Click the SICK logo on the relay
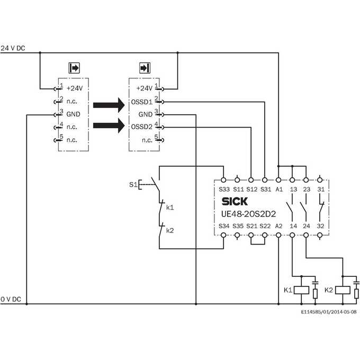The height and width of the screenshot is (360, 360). pyautogui.click(x=235, y=201)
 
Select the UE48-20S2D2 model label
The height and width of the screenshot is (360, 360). pyautogui.click(x=248, y=214)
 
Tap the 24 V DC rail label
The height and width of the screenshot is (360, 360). pyautogui.click(x=13, y=48)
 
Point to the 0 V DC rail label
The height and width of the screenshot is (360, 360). pyautogui.click(x=11, y=300)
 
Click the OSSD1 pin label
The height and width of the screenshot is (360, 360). pyautogui.click(x=142, y=102)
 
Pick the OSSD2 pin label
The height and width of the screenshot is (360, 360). pyautogui.click(x=142, y=127)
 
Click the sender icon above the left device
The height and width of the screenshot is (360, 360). pyautogui.click(x=74, y=68)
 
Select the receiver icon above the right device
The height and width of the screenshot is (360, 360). pyautogui.click(x=145, y=68)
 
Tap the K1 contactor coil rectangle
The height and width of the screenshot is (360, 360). pyautogui.click(x=301, y=290)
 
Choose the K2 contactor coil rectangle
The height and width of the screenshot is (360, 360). pyautogui.click(x=343, y=290)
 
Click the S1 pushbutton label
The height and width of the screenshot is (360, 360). pyautogui.click(x=133, y=184)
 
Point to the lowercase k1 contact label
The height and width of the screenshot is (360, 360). pyautogui.click(x=170, y=208)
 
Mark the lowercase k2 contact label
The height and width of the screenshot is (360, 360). pyautogui.click(x=170, y=230)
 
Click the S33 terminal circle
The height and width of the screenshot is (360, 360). pyautogui.click(x=223, y=180)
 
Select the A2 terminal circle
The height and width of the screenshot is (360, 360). pyautogui.click(x=278, y=235)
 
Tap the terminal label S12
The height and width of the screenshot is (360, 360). pyautogui.click(x=252, y=190)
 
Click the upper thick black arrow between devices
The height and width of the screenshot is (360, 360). pyautogui.click(x=109, y=105)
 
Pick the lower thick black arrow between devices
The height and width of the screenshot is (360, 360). pyautogui.click(x=109, y=125)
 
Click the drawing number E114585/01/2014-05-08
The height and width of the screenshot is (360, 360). pyautogui.click(x=329, y=312)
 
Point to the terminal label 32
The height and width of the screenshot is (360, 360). pyautogui.click(x=320, y=226)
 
